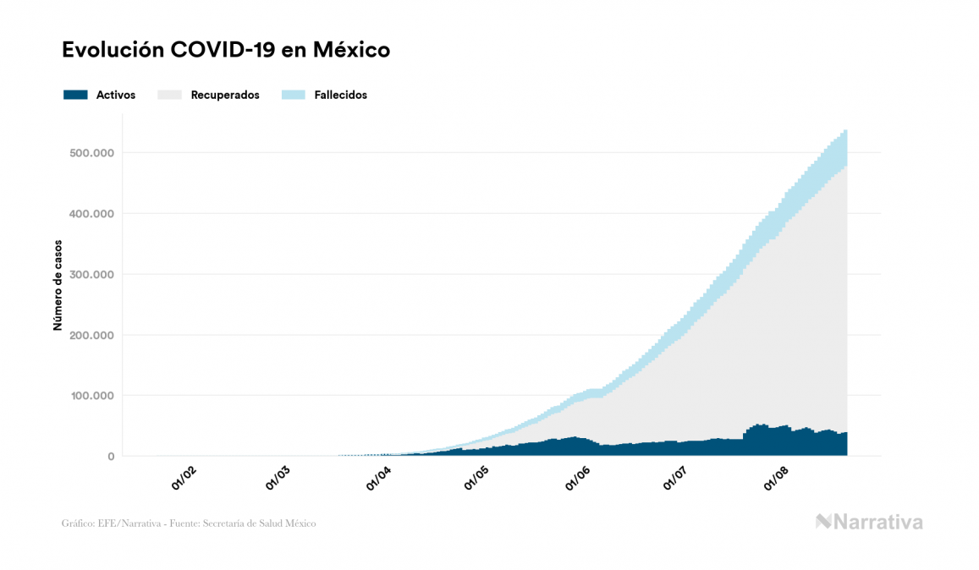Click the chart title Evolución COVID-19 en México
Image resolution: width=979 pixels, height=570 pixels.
[226, 50]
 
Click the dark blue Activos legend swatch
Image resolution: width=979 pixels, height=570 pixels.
[75, 95]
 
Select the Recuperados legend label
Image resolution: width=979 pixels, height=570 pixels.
[225, 95]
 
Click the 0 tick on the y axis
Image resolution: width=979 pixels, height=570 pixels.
[110, 457]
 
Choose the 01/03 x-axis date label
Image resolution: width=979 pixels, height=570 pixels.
[278, 480]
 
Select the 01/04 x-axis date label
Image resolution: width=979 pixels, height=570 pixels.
[377, 480]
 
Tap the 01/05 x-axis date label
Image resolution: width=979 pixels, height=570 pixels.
[476, 480]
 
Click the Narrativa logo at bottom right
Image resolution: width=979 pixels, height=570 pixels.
[869, 522]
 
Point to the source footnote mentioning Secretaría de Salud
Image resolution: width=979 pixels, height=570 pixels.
[189, 523]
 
